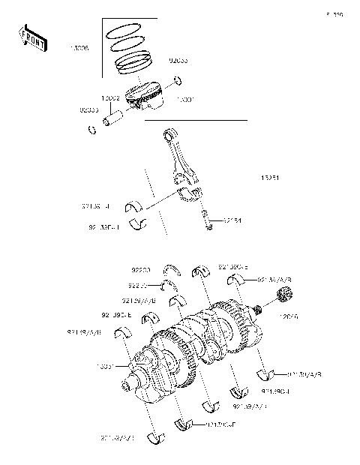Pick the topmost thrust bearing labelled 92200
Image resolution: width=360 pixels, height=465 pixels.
point(172,271)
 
